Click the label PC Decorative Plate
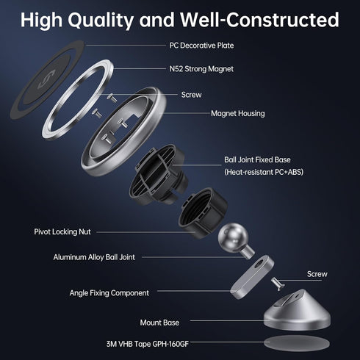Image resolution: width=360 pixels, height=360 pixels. (201, 46)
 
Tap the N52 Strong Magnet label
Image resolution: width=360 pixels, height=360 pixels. (201, 69)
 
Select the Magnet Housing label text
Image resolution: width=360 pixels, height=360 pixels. (238, 113)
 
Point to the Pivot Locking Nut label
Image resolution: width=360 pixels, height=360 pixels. (62, 231)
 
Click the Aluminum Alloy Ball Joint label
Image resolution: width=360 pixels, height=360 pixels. (94, 257)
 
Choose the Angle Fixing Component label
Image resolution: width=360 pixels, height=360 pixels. (109, 293)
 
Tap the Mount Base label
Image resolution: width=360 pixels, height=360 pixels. (159, 323)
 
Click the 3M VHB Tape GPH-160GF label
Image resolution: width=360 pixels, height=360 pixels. (148, 344)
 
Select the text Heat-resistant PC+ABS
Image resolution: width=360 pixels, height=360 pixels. (264, 172)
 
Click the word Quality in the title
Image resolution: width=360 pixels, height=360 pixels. (101, 20)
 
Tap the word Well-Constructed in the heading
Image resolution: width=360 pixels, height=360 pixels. (259, 20)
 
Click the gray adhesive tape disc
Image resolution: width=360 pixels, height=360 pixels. (297, 343)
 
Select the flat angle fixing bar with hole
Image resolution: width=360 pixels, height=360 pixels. (252, 277)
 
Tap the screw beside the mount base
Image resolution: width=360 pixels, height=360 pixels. (278, 284)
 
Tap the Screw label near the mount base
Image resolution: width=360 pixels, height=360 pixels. (317, 274)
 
